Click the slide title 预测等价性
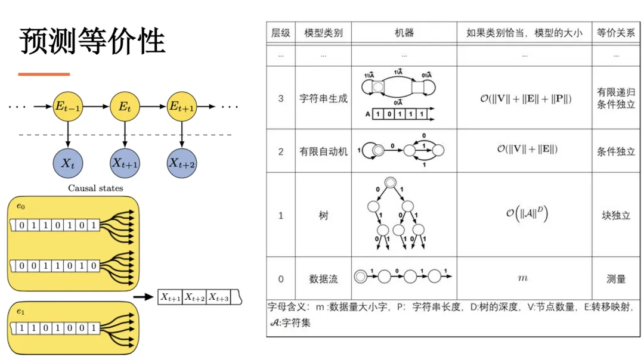(92, 42)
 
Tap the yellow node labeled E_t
(124, 107)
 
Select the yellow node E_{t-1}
(68, 107)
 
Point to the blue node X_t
(68, 163)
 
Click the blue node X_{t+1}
(124, 163)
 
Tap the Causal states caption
(95, 188)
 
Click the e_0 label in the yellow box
(21, 206)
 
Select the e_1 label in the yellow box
(21, 311)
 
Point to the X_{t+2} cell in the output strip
(194, 297)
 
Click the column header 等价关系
(616, 33)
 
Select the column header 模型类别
(323, 33)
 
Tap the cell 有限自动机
(323, 151)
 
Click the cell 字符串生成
(323, 98)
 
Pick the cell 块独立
(616, 215)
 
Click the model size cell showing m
(524, 278)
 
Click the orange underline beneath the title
(44, 74)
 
